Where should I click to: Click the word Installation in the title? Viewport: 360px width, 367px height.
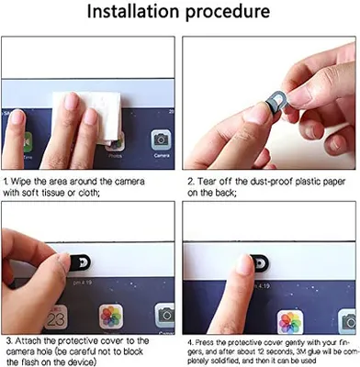pos(133,11)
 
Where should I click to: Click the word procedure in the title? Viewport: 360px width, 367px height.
pos(228,12)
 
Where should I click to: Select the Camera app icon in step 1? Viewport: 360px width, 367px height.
pos(161,140)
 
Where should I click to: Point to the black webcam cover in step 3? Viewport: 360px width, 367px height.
pos(80,262)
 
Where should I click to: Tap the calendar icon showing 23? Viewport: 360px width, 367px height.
pos(55,317)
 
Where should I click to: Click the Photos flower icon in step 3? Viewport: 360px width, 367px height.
pos(111,316)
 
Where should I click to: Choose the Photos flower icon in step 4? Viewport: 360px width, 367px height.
pos(290,323)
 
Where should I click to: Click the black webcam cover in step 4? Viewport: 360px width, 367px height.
pos(260,263)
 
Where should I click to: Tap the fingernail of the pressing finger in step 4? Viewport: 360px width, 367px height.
pos(245,264)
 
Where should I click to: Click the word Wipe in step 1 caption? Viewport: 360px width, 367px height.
pos(21,182)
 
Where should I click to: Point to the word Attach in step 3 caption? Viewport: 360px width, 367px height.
pos(35,340)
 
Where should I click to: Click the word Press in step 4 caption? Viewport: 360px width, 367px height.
pos(202,343)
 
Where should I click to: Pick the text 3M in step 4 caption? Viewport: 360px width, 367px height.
pos(300,351)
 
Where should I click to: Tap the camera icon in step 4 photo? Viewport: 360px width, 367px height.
pos(349,321)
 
